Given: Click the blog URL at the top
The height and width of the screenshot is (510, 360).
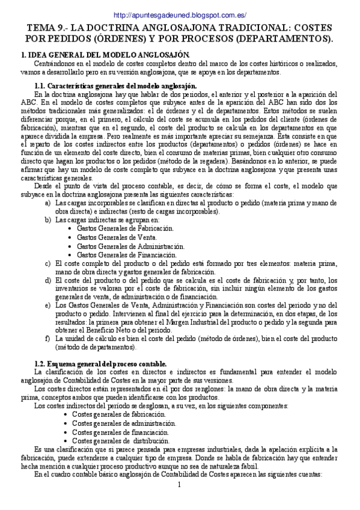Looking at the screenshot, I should point(180,15).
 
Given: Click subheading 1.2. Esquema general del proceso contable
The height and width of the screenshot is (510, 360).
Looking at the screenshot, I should point(101,364).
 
